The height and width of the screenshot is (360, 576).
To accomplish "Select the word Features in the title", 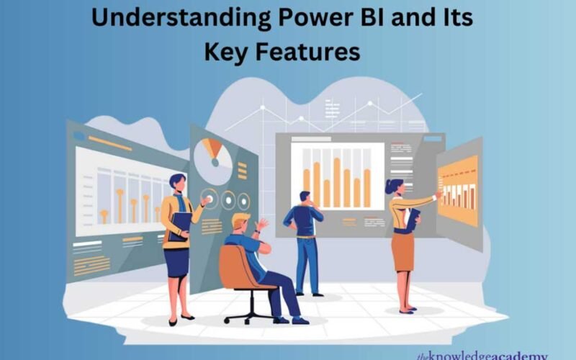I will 320,51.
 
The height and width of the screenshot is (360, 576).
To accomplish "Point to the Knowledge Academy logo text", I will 481,355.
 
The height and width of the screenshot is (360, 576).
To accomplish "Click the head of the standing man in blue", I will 305,197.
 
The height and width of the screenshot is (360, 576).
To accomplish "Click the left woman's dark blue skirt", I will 176,261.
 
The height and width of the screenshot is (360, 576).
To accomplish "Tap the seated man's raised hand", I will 264,224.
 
